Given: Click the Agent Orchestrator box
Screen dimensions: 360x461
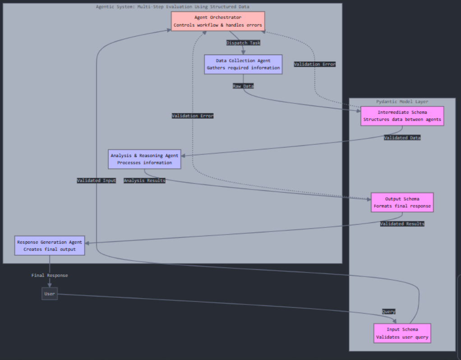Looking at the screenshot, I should point(217,21).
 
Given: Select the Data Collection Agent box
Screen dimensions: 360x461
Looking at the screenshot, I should point(243,64).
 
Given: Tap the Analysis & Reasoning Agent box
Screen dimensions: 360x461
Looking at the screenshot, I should point(144,159).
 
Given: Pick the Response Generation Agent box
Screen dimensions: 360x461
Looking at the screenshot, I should point(50,245).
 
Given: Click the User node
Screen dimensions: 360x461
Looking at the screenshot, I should point(50,294).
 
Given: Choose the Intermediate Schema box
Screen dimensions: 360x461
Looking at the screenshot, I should point(402,116).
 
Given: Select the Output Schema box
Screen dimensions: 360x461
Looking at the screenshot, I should point(402,202).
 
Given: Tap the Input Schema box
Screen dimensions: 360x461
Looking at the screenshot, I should point(402,333).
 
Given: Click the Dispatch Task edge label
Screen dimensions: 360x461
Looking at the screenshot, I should point(243,43).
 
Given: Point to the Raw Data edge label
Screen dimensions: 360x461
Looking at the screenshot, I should point(243,86).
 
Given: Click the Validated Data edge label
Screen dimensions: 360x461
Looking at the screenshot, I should point(402,138).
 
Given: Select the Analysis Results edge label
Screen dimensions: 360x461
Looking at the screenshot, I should point(144,180).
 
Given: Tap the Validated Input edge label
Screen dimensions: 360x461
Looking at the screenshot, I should point(96,180).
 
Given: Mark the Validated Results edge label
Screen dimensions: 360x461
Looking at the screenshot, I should point(402,224).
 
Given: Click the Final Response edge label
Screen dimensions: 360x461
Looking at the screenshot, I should point(50,275).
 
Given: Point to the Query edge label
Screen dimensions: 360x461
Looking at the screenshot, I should point(389,312).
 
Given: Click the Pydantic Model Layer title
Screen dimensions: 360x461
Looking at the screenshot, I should point(402,102).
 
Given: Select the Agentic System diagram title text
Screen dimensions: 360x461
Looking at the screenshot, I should point(172,7).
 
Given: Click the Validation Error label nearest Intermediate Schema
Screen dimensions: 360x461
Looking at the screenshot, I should point(315,65).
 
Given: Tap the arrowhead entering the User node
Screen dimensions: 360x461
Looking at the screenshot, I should point(50,285).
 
